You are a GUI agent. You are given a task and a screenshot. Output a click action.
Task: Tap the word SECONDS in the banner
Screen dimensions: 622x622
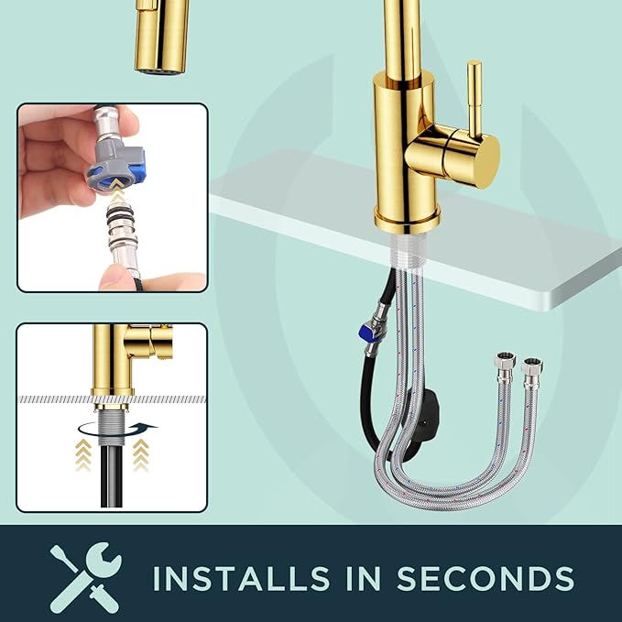click(486, 577)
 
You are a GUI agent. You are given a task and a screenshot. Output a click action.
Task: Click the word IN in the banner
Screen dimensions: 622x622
click(364, 577)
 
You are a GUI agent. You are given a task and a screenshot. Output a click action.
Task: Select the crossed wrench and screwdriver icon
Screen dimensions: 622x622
click(85, 577)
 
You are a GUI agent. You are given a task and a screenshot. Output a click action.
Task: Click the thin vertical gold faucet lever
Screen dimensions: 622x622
click(475, 99)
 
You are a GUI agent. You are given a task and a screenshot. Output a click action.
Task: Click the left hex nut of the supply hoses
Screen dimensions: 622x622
click(505, 362)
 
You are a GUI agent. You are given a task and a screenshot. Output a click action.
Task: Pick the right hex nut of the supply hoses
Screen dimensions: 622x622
click(531, 367)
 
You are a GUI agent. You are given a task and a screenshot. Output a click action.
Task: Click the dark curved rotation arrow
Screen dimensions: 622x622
click(118, 429)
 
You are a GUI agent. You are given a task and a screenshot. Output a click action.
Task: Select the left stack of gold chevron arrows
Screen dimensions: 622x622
click(83, 455)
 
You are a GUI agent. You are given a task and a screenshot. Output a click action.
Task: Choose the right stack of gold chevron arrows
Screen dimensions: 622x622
click(140, 455)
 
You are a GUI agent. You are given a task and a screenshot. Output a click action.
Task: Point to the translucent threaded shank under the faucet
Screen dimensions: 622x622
click(408, 251)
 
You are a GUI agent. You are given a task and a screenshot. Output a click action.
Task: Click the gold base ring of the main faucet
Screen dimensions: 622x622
click(407, 219)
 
